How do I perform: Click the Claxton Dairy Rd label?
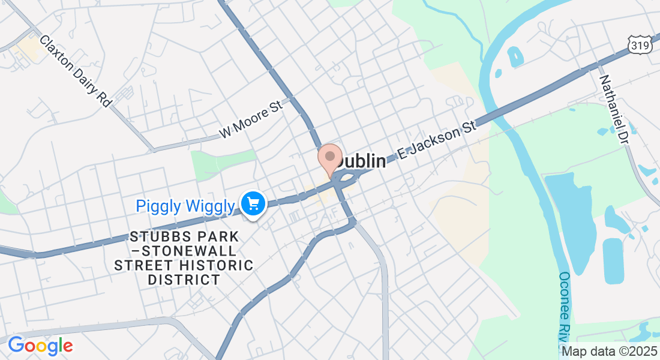click(x=76, y=71)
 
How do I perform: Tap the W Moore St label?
click(x=250, y=120)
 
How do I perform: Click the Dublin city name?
click(x=360, y=161)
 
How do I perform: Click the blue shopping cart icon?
click(x=253, y=204)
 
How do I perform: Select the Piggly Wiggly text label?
click(x=185, y=206)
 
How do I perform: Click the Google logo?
click(x=40, y=346)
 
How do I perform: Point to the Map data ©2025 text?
click(x=608, y=351)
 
